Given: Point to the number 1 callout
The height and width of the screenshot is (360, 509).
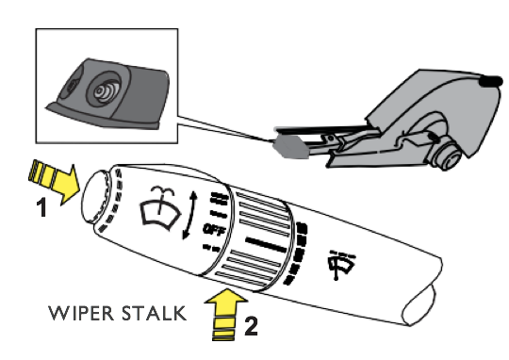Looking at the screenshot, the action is click(41, 207).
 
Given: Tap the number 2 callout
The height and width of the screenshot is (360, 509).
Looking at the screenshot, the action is click(251, 325).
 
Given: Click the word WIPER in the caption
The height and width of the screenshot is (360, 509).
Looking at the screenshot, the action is click(81, 313).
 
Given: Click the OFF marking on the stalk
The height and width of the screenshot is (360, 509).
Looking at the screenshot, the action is click(214, 230).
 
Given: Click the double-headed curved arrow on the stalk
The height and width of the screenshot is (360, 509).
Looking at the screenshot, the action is click(189, 215).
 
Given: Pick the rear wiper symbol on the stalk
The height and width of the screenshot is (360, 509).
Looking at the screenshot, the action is click(341, 264).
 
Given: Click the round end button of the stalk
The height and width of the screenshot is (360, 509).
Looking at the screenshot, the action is click(95, 197).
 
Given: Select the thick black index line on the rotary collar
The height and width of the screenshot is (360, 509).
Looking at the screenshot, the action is click(266, 245).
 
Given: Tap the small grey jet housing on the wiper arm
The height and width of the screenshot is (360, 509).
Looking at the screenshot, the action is click(289, 147).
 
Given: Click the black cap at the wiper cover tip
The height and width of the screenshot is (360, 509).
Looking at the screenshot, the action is click(491, 81).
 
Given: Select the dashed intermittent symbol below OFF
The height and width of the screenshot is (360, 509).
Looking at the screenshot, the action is click(211, 249).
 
